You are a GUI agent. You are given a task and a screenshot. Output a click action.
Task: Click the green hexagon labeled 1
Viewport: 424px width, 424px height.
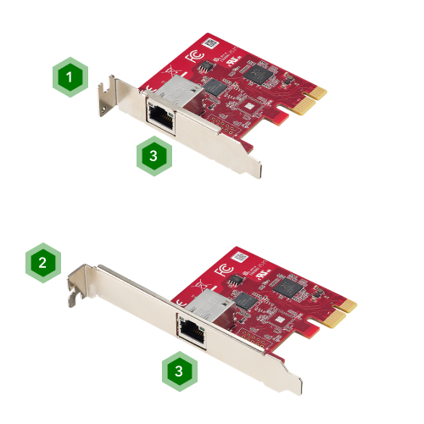[70, 77]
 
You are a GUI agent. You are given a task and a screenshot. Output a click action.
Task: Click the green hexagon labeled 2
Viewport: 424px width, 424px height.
[42, 263]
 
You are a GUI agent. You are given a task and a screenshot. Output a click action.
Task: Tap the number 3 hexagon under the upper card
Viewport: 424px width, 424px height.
[153, 155]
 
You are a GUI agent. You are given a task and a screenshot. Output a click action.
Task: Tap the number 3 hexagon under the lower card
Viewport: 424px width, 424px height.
[178, 371]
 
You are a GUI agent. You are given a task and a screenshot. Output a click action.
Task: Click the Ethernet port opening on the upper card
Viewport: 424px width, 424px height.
[159, 115]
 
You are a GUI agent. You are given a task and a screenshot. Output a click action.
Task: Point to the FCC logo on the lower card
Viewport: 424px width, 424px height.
[224, 273]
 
